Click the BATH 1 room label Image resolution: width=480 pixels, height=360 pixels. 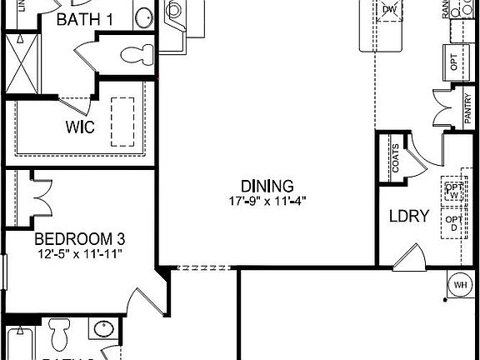pos(82,18)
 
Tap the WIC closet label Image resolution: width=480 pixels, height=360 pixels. pos(81,127)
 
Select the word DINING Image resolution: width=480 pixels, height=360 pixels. pos(267,186)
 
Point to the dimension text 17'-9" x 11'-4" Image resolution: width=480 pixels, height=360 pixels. pos(267,201)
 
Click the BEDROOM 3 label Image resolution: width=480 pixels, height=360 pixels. pos(79,237)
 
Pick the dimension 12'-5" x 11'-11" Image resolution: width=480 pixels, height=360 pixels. pos(79,252)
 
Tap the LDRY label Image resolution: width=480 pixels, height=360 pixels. pos(408,217)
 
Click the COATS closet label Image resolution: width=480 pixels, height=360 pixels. pos(394,159)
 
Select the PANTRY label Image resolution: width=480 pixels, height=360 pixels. pos(467,111)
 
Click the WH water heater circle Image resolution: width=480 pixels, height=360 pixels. pos(460,285)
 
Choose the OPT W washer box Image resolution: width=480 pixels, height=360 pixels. pos(453,190)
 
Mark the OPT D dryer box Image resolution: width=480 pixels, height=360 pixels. pos(453,224)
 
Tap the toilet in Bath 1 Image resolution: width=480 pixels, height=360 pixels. pos(133,55)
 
